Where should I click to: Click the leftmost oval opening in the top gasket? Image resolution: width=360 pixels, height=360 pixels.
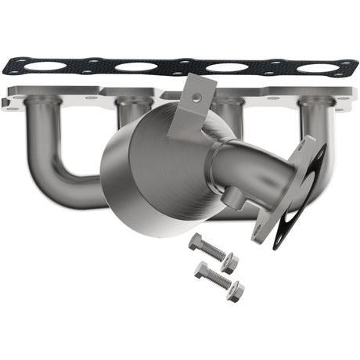point(46,67)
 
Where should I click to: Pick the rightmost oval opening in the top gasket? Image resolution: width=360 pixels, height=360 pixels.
point(317,69)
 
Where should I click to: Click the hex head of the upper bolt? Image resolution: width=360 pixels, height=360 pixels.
point(195,243)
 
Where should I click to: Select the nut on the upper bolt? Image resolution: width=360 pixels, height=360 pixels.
point(229,263)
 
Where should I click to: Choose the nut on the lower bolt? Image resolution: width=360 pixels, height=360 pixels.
point(235,291)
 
